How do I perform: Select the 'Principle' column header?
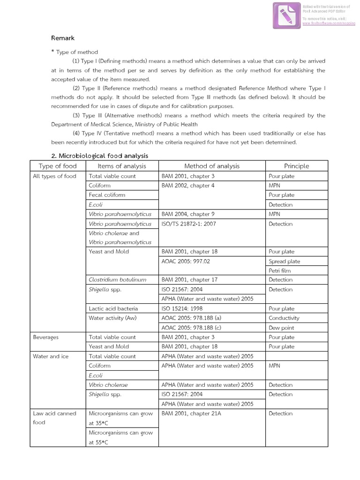296,166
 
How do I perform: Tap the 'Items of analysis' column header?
122,166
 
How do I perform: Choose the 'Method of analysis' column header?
212,166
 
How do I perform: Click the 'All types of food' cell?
54,176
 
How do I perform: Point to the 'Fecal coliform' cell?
107,195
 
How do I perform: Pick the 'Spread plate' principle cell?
284,262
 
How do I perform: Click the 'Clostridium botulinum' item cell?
117,280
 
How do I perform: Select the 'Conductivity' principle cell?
284,318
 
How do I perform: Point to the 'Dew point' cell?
281,328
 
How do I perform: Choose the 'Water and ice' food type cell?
51,356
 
